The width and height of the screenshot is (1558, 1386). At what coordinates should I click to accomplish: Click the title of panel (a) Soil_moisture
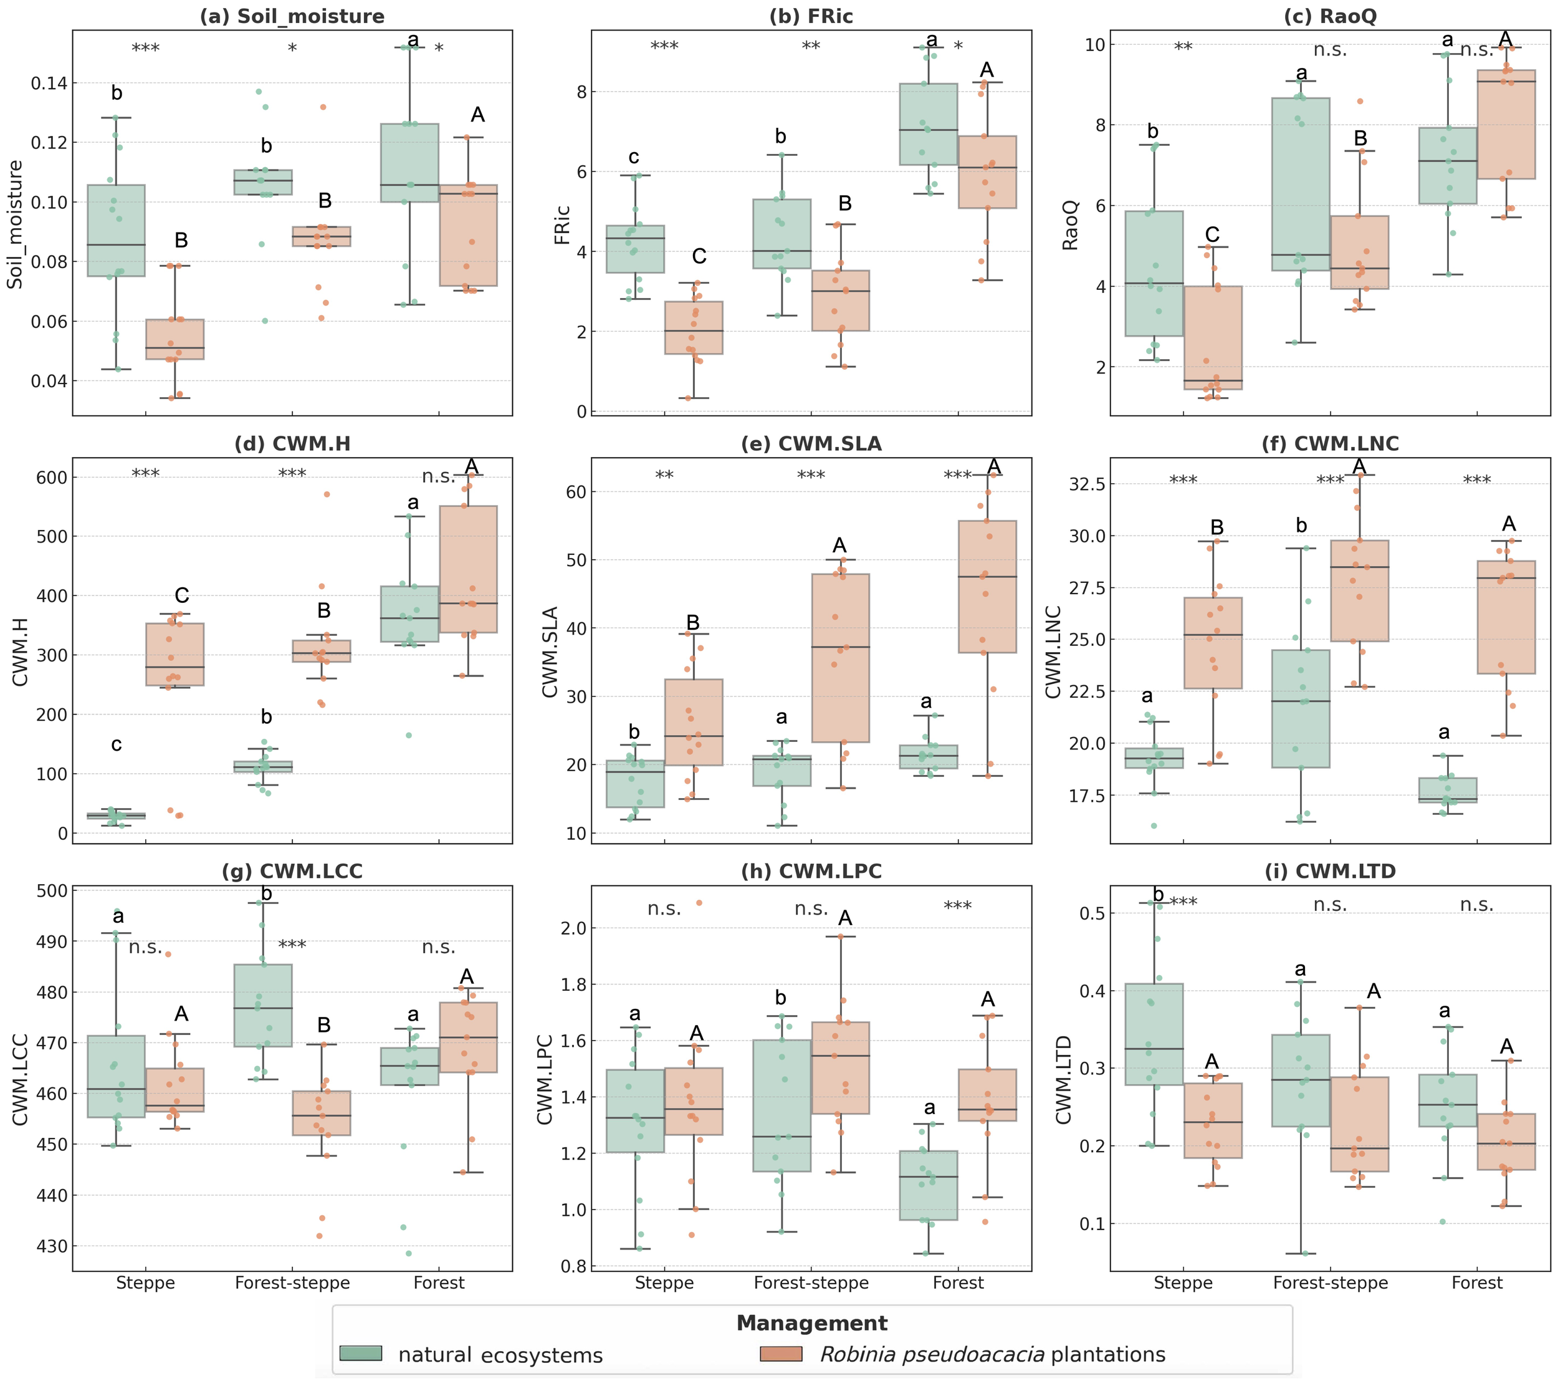click(x=292, y=16)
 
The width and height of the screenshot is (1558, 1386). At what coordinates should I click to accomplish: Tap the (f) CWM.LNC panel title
click(x=1330, y=444)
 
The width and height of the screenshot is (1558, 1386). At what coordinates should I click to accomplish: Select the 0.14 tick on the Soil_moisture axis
click(x=49, y=83)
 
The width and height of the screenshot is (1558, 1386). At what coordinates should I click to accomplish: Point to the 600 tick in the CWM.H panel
click(x=52, y=477)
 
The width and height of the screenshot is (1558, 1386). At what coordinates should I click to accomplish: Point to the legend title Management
click(x=812, y=1323)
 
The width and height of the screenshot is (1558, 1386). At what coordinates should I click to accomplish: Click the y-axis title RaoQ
click(x=1071, y=225)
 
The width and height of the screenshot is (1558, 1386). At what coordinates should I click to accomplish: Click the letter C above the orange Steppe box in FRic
click(x=699, y=257)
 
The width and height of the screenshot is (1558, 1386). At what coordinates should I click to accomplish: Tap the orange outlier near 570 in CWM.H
click(x=326, y=494)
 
